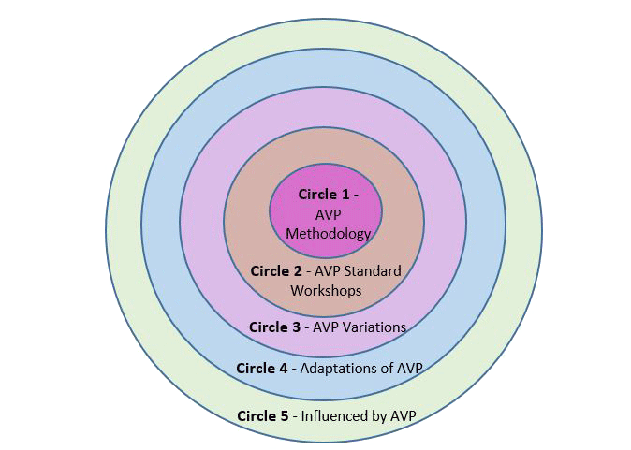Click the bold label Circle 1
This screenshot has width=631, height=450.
click(x=322, y=195)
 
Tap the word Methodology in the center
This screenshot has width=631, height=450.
click(x=329, y=233)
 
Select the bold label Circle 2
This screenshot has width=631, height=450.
click(x=275, y=271)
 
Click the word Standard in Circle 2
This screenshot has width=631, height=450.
click(x=373, y=271)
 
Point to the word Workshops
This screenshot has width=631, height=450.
click(x=326, y=290)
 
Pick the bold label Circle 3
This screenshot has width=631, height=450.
click(x=274, y=327)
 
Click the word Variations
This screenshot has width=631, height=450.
click(x=374, y=327)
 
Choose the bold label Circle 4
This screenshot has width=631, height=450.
click(x=262, y=368)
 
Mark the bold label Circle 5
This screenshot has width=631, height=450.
click(x=263, y=415)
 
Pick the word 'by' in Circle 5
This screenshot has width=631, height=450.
click(x=378, y=415)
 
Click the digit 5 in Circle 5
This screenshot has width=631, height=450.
click(x=285, y=415)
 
